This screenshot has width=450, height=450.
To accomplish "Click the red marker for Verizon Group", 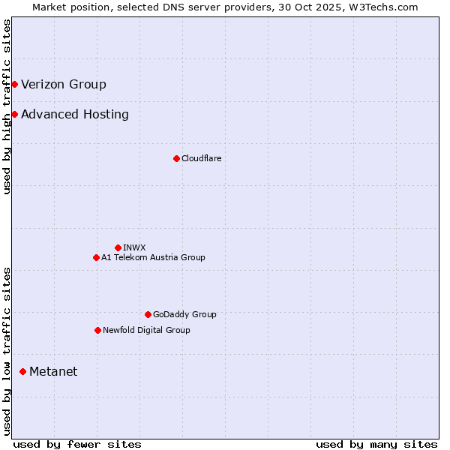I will (14, 84).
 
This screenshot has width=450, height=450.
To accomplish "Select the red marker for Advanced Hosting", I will (14, 114).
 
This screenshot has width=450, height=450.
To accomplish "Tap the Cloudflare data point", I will (176, 158).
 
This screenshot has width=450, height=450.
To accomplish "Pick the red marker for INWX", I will (118, 247).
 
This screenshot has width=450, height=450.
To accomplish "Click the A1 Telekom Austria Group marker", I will (96, 257).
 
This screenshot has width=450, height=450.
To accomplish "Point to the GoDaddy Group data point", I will (148, 314).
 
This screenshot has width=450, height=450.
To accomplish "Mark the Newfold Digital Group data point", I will (97, 330).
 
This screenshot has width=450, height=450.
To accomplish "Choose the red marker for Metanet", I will (22, 371).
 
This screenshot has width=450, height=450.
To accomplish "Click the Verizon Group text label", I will (64, 84).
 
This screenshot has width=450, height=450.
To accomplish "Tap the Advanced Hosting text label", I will (75, 114).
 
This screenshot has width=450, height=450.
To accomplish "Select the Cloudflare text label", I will (201, 158).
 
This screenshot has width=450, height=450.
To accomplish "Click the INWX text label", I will (134, 247).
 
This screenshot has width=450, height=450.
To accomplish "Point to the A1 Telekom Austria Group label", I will (153, 257).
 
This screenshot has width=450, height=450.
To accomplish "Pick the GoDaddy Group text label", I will (184, 314).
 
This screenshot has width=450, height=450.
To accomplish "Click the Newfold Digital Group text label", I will (146, 330).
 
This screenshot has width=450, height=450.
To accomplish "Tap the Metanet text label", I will (53, 371).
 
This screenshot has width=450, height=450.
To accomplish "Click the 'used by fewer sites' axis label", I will (77, 444).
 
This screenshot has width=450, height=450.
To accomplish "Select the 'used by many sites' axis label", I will (376, 444).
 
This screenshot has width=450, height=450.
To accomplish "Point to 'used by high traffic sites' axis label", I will (7, 106).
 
